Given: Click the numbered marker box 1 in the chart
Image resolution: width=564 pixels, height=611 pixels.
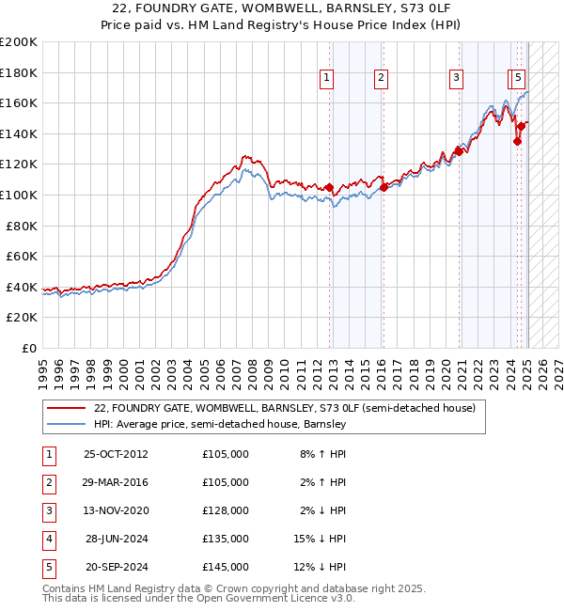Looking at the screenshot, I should [x=325, y=79].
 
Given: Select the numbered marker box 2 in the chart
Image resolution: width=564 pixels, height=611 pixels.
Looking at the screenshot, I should [x=381, y=79].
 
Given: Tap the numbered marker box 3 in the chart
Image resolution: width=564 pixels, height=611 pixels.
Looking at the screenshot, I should [x=456, y=79].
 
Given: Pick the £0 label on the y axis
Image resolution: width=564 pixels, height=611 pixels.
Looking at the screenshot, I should [x=28, y=348].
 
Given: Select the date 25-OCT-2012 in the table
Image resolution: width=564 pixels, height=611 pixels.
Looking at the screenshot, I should [x=116, y=454].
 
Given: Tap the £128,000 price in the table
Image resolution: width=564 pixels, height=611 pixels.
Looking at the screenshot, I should [x=226, y=510].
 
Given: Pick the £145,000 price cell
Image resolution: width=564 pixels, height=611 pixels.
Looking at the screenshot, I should [x=226, y=567].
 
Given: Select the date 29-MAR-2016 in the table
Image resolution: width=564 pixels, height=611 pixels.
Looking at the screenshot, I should [x=116, y=482].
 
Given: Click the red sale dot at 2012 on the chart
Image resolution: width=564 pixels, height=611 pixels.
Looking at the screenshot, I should [x=329, y=188].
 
